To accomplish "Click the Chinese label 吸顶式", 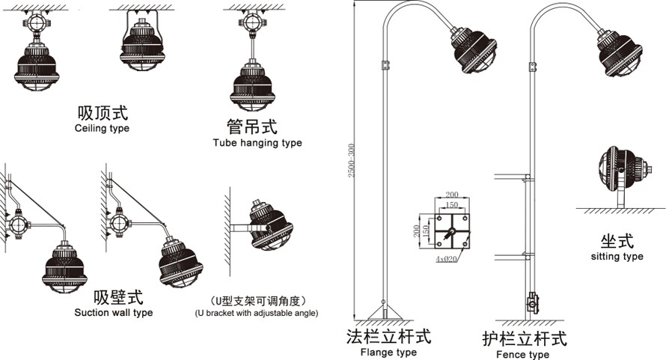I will (x=103, y=113).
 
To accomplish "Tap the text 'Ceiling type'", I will (x=103, y=129).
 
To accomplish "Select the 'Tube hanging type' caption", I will (x=257, y=143).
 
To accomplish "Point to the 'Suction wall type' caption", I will (x=114, y=312).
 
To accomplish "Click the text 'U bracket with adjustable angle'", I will (x=257, y=313).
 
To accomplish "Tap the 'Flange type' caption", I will (x=388, y=353).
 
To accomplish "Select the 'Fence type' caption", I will (x=524, y=355).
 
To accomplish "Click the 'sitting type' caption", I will (x=617, y=257).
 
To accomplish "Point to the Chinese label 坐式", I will (x=617, y=241).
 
